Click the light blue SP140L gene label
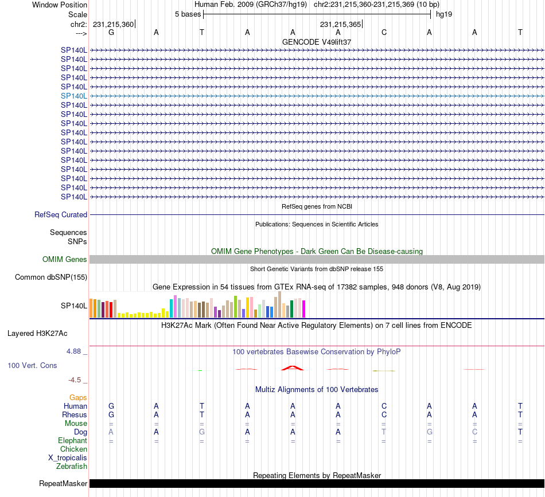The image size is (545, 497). click(74, 96)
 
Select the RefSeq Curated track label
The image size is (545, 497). click(61, 215)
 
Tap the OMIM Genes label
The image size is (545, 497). click(65, 260)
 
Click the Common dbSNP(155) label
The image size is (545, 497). click(51, 277)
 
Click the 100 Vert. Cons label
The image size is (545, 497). click(32, 365)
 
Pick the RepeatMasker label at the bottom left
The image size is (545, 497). click(63, 484)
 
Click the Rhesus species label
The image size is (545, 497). click(75, 414)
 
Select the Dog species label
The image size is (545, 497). click(80, 432)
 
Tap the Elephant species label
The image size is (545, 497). click(72, 440)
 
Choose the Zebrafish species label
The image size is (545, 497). click(72, 467)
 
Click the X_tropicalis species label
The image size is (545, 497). click(68, 458)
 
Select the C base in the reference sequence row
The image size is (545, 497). click(384, 32)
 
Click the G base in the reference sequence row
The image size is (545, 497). click(111, 32)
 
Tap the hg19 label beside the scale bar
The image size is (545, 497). click(444, 14)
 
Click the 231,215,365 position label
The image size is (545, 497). click(341, 24)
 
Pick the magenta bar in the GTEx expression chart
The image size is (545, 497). click(303, 309)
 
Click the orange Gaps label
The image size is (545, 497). click(78, 397)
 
